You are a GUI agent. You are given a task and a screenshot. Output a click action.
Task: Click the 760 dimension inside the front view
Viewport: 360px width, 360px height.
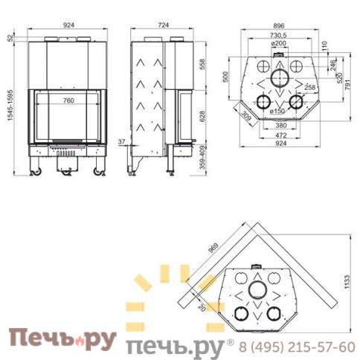[x=68, y=100]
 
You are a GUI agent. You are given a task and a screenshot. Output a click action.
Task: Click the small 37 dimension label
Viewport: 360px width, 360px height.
[x=122, y=141]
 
